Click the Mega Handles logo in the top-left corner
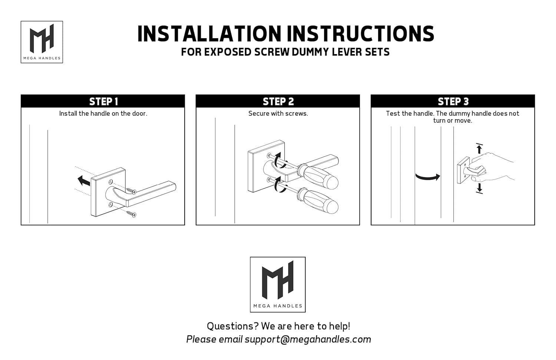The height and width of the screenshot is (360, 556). point(42,42)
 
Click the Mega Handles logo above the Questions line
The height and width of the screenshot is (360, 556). point(278,284)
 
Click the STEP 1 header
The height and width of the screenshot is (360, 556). point(103,101)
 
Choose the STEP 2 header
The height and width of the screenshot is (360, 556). point(278,101)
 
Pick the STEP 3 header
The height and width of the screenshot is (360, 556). point(453,101)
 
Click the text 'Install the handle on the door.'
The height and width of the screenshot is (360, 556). point(103,113)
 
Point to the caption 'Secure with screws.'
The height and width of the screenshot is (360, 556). point(278,113)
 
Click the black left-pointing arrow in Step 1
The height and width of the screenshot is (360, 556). point(84,181)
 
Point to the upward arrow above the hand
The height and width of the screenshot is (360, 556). point(479,149)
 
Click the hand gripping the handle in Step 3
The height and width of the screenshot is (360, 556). point(491,167)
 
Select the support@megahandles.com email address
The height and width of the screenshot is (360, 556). point(308,339)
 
